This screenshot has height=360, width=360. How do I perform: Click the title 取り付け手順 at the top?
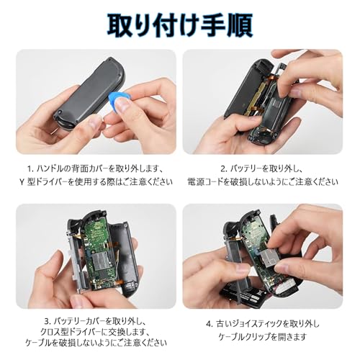tap(179, 23)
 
